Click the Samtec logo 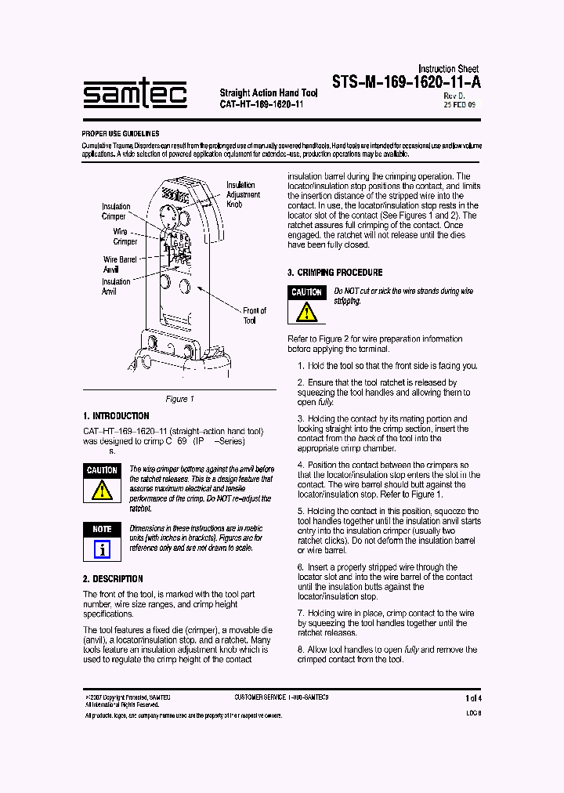135,95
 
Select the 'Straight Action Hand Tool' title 268,93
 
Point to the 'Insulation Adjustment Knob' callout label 243,194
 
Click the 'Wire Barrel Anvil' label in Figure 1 120,264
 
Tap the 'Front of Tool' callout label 254,315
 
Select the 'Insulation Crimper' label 115,212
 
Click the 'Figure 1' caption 179,399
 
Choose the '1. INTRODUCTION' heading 116,416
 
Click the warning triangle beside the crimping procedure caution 306,311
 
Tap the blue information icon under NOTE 102,549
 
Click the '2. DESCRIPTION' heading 113,579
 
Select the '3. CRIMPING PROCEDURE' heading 334,273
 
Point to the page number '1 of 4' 473,697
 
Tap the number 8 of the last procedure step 300,650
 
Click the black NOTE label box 102,529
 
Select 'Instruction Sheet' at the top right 448,69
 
